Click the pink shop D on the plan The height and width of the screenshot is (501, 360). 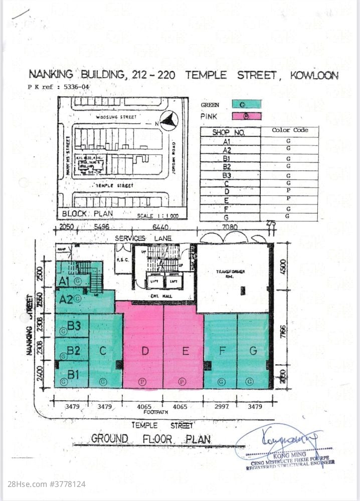pyautogui.click(x=144, y=351)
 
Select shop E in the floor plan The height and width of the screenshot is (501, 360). pyautogui.click(x=185, y=351)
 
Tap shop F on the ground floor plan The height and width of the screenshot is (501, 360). pyautogui.click(x=221, y=351)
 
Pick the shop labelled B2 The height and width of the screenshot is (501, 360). pyautogui.click(x=73, y=350)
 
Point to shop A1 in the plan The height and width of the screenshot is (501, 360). pyautogui.click(x=64, y=281)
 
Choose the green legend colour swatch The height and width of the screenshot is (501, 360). pyautogui.click(x=247, y=105)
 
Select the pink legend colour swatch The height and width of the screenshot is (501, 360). pyautogui.click(x=247, y=116)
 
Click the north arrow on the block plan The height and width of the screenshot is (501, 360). pyautogui.click(x=172, y=118)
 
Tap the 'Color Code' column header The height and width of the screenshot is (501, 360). pyautogui.click(x=289, y=130)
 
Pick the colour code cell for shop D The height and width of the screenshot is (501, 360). pyautogui.click(x=289, y=191)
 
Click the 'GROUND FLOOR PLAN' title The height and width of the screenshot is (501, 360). pyautogui.click(x=150, y=439)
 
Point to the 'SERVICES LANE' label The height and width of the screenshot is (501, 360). pyautogui.click(x=143, y=238)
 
